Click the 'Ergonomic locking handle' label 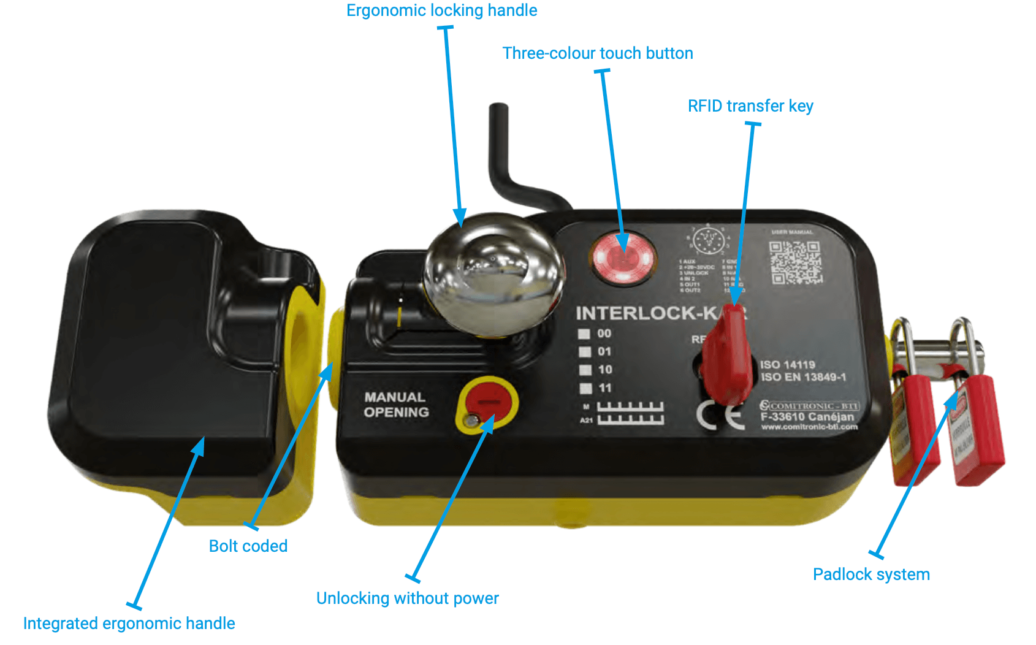tap(441, 10)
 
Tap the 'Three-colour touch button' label tap(598, 53)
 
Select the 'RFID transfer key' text tap(750, 106)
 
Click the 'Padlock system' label tap(871, 574)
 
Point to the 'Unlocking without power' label tap(407, 598)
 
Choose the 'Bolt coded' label tap(248, 546)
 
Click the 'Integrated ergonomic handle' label tap(129, 624)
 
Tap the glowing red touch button tap(623, 259)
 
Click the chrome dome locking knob tap(493, 273)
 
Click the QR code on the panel tap(796, 262)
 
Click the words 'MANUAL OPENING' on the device tap(396, 405)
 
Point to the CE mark tap(721, 416)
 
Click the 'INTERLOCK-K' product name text tap(647, 313)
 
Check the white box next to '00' tap(584, 334)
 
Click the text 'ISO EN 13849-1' tap(803, 378)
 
